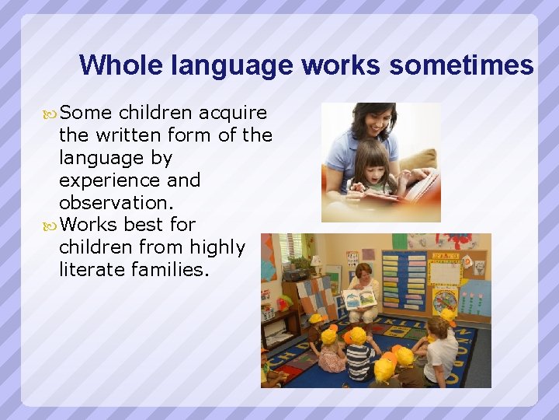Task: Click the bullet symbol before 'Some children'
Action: point(51,114)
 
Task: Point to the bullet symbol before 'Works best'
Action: point(51,226)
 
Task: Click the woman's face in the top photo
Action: point(372,124)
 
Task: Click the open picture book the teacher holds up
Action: point(359,298)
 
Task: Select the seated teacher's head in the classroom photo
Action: point(362,274)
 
